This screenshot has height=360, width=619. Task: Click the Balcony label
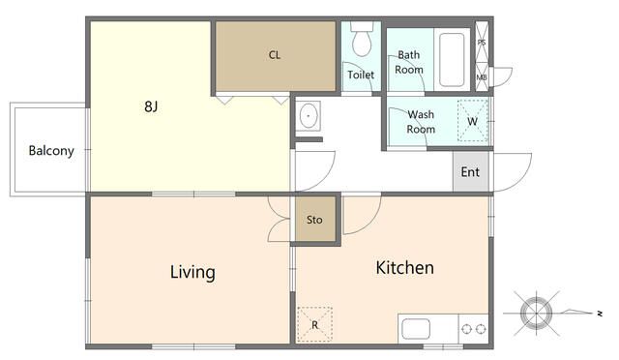tap(51, 151)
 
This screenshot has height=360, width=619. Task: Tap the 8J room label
tap(151, 106)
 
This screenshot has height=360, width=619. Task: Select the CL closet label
tap(275, 55)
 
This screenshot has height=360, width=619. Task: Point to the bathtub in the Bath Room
tap(452, 60)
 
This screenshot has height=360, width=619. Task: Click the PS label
tap(482, 43)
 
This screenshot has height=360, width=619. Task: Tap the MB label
tap(482, 77)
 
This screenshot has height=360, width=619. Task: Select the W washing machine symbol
tap(473, 121)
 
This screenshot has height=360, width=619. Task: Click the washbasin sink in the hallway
tap(309, 116)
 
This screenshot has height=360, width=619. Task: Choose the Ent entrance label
tap(470, 172)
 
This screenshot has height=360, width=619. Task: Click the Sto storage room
tap(315, 220)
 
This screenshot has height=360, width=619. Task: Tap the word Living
tap(192, 272)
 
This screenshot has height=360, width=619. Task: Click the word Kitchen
tap(404, 267)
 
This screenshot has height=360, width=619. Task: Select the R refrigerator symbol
tap(314, 324)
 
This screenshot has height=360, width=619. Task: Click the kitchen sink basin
tap(416, 329)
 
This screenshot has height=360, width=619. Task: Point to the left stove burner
tap(466, 329)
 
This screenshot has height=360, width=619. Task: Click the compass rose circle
tap(536, 314)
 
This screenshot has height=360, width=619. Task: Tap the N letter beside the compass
tap(600, 314)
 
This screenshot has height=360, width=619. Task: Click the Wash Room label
tap(421, 122)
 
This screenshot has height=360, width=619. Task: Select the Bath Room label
tap(409, 62)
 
